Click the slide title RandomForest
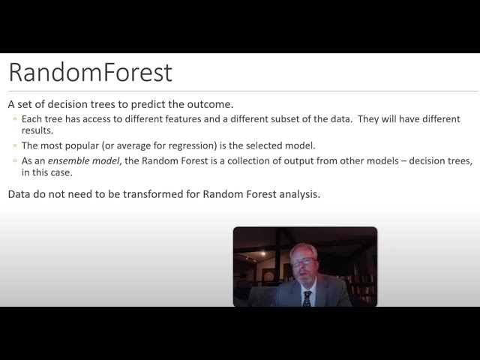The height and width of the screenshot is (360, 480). pyautogui.click(x=90, y=72)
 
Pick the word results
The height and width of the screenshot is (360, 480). pyautogui.click(x=37, y=130)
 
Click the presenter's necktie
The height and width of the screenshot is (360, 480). pyautogui.click(x=307, y=298)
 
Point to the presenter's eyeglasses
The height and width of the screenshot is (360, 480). pyautogui.click(x=304, y=262)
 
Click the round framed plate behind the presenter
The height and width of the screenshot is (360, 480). pyautogui.click(x=268, y=275)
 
